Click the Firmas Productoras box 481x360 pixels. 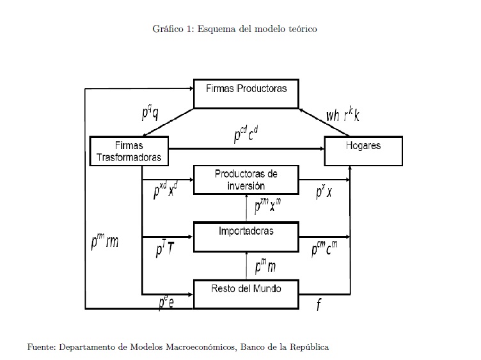point(246,93)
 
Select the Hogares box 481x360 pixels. point(363,152)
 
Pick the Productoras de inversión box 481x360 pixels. point(246,180)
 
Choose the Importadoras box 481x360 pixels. point(246,235)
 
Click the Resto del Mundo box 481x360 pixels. point(246,293)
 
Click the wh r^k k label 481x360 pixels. point(343,115)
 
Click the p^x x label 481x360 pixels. point(324,192)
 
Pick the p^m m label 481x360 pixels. point(265,264)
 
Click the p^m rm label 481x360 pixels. point(105,241)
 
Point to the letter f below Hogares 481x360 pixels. point(319,304)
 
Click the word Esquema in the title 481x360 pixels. point(216,29)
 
